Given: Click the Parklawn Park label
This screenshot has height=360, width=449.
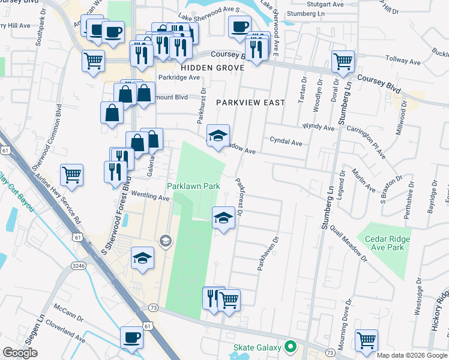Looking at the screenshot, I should click(x=193, y=187).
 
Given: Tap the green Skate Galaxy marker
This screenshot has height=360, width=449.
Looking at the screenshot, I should click(x=291, y=347).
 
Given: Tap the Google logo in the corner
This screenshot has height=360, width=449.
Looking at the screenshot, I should click(x=20, y=353).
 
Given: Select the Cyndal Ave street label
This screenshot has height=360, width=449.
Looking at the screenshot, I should click(x=286, y=143).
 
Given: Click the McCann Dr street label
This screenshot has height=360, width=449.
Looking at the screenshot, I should click(x=64, y=312).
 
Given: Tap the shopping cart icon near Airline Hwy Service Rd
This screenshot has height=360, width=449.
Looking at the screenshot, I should click(x=71, y=175).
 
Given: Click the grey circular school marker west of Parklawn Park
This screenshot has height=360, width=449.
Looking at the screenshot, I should click(x=164, y=241).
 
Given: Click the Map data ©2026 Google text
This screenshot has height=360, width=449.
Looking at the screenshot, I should click(x=412, y=355).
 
